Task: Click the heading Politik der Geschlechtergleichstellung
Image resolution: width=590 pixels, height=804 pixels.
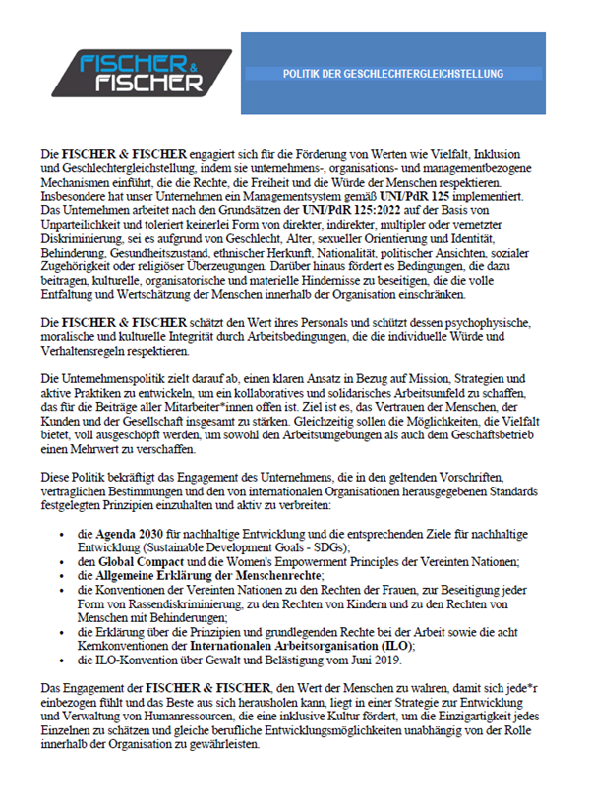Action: point(392,74)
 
